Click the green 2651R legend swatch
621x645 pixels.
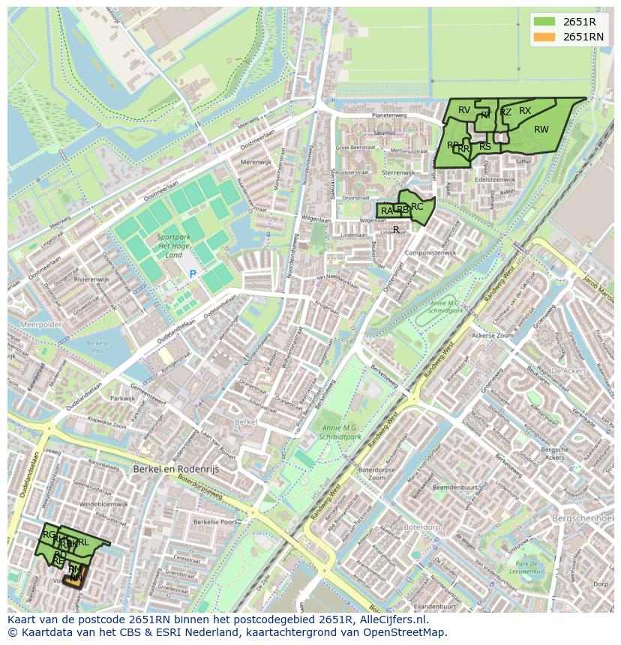point(545,22)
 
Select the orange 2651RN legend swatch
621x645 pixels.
point(545,37)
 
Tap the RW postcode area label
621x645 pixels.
point(541,130)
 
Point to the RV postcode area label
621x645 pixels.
point(464,110)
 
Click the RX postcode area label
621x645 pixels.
point(525,111)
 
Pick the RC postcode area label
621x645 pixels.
point(417,206)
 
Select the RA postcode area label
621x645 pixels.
point(386,211)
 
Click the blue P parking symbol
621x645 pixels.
point(192,274)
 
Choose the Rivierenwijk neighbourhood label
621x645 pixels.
point(92,279)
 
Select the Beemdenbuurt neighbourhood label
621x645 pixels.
point(455,487)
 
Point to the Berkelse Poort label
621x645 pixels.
point(215,521)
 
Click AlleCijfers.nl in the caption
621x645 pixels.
point(391,620)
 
